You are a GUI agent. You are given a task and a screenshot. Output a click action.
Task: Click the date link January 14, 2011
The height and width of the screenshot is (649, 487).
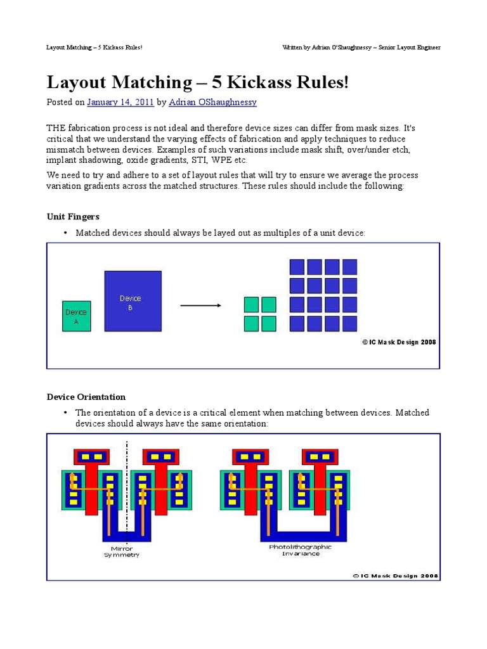click(x=120, y=102)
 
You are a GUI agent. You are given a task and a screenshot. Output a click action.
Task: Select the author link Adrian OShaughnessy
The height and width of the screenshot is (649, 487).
click(x=212, y=102)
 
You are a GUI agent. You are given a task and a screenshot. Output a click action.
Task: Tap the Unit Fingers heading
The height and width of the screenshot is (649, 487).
click(x=73, y=217)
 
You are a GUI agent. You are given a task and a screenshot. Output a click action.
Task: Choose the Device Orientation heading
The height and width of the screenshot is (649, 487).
click(x=86, y=397)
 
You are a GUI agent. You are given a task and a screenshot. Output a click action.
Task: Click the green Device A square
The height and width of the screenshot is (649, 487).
click(x=76, y=316)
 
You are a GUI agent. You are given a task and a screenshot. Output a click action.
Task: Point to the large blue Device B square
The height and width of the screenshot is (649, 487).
click(x=133, y=301)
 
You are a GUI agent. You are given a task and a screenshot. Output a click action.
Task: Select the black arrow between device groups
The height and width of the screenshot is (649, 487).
click(x=200, y=305)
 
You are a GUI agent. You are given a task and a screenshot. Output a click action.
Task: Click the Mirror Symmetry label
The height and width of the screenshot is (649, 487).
click(x=122, y=551)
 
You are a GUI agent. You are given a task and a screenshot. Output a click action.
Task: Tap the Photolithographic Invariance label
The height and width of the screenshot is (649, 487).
click(x=300, y=549)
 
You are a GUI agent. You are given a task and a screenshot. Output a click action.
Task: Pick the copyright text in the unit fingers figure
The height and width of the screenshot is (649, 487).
click(x=399, y=342)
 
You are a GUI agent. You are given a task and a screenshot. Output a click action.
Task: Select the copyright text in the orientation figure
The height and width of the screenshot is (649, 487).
click(x=395, y=576)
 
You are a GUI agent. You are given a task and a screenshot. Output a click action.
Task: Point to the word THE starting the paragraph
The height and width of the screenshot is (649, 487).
click(x=57, y=126)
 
